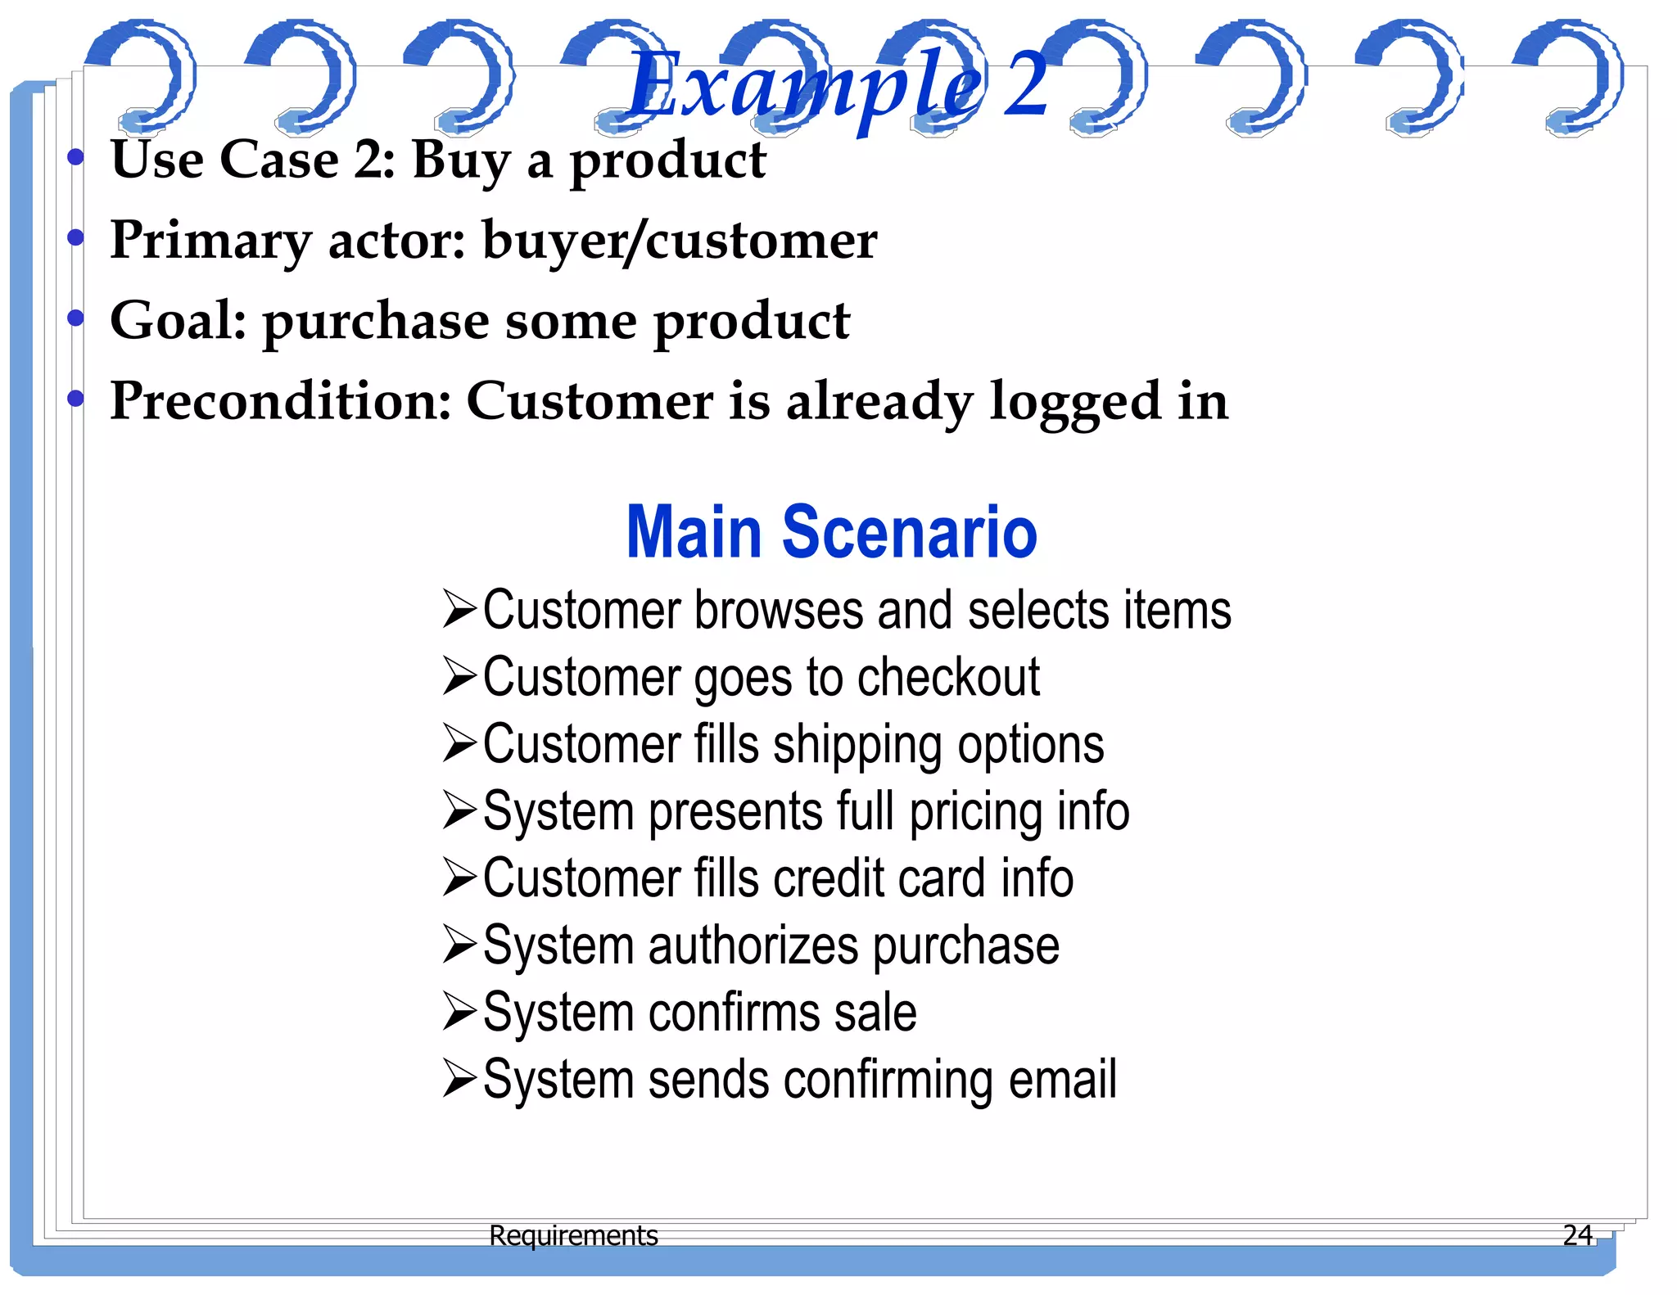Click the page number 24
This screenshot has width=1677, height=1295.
pos(1577,1234)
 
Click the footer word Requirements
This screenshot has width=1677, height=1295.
pos(573,1234)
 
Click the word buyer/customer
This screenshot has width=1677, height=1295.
pos(680,241)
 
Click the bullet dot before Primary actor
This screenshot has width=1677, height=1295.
pos(76,237)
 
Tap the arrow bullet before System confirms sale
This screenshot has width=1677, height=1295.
pos(459,1012)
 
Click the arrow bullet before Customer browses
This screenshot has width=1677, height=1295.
pos(459,610)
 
